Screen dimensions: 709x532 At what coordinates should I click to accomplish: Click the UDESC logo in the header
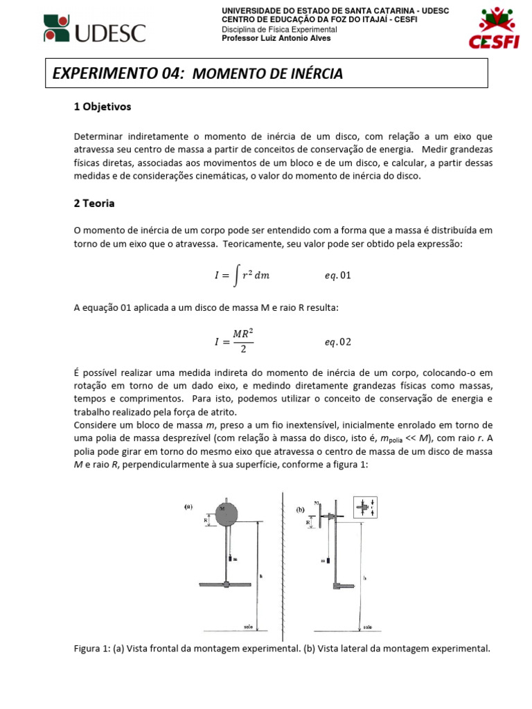(x=95, y=28)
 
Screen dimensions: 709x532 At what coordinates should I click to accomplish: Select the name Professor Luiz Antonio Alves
(x=276, y=39)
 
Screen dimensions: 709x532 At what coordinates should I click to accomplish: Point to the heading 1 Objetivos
(x=102, y=107)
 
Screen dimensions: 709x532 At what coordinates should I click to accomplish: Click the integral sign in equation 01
(x=236, y=275)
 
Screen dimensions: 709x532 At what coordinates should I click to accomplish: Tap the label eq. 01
(x=338, y=276)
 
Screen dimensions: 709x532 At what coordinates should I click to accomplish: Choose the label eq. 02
(x=338, y=341)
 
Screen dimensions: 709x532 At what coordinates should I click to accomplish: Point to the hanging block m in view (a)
(x=228, y=558)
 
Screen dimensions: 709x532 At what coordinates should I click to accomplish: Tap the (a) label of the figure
(x=188, y=506)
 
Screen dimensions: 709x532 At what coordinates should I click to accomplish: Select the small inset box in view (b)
(x=366, y=508)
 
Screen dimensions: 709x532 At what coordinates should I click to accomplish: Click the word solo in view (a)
(x=248, y=625)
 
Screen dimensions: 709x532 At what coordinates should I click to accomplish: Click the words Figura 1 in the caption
(x=93, y=649)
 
